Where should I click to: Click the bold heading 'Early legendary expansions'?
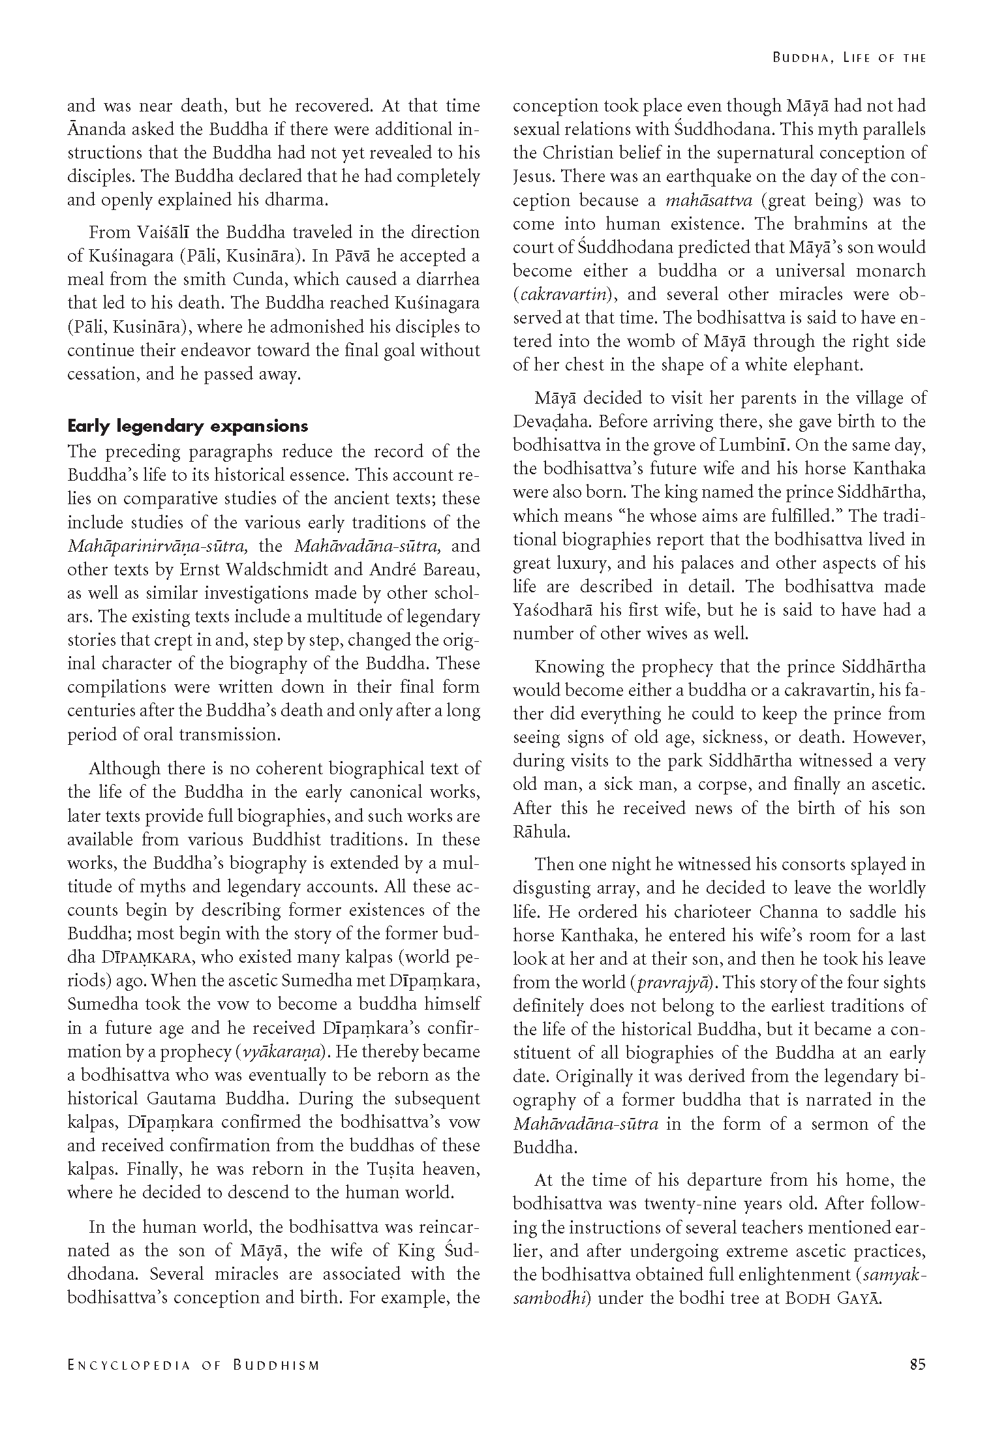188,427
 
